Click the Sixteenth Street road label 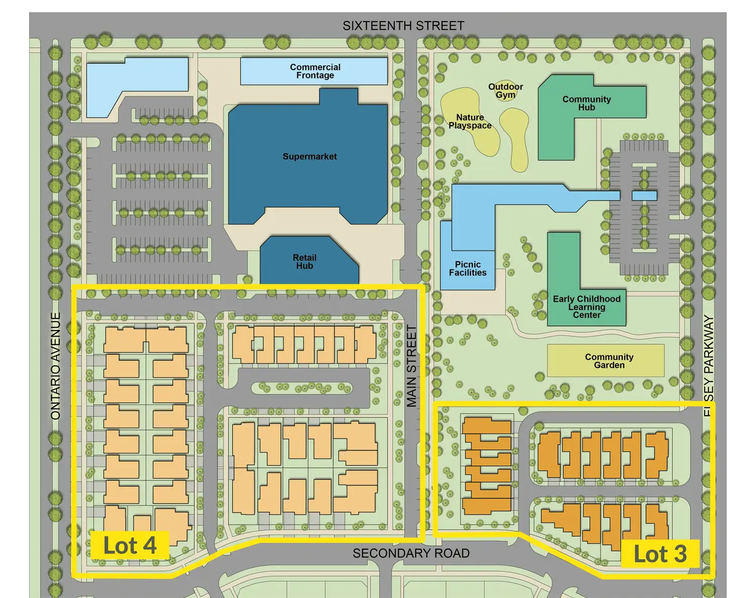click(x=403, y=26)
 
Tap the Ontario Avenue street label click(x=56, y=366)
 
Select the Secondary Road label click(x=411, y=553)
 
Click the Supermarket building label click(x=310, y=157)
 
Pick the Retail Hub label click(x=305, y=261)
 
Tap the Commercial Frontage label click(x=315, y=71)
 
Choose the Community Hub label click(x=586, y=103)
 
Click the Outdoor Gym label click(x=505, y=91)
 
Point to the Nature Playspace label click(x=470, y=121)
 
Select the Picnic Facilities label click(x=468, y=269)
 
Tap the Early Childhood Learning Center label click(x=586, y=307)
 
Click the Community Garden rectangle click(x=606, y=361)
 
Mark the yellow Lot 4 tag click(x=130, y=546)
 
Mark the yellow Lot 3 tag click(x=660, y=554)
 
